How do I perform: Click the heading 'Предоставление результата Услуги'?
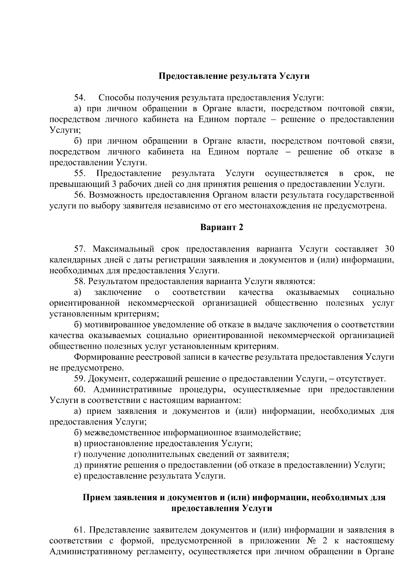[234, 76]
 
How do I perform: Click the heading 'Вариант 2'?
[222, 227]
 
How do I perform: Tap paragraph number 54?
[80, 98]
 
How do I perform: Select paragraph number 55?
[80, 173]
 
